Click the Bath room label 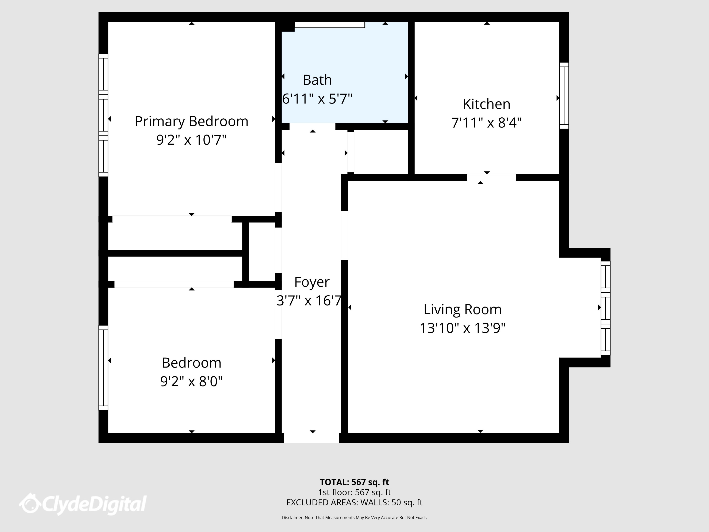pyautogui.click(x=317, y=80)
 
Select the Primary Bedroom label pyautogui.click(x=191, y=121)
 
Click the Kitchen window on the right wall pyautogui.click(x=564, y=96)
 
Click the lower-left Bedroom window pyautogui.click(x=103, y=368)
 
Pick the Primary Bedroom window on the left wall pyautogui.click(x=103, y=115)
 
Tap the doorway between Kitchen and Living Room pyautogui.click(x=491, y=177)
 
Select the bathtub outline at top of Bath pyautogui.click(x=330, y=25)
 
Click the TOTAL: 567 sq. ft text pyautogui.click(x=354, y=482)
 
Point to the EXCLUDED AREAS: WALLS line pyautogui.click(x=354, y=502)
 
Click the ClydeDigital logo pyautogui.click(x=83, y=504)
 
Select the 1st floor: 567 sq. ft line pyautogui.click(x=354, y=492)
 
